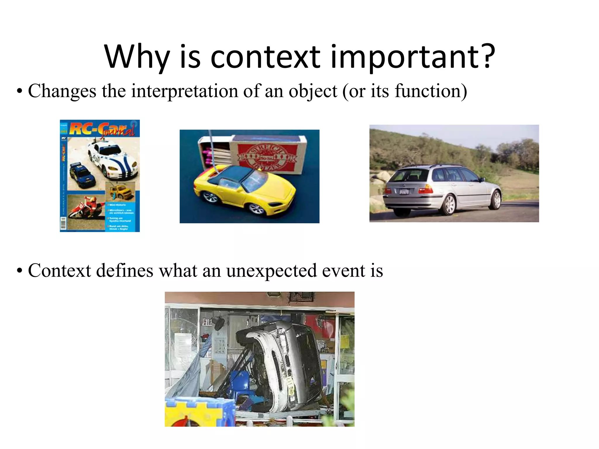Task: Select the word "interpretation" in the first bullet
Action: tap(184, 91)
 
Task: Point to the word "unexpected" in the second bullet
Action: tap(271, 270)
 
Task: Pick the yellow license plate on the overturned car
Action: tap(290, 386)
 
